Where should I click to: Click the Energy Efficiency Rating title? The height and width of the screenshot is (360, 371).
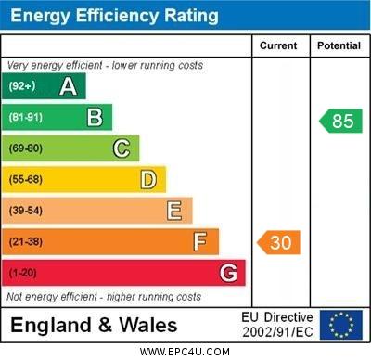(114, 16)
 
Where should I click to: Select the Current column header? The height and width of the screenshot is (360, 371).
(278, 45)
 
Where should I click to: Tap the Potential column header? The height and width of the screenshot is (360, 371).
(339, 45)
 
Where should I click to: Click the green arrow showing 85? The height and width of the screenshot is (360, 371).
(340, 121)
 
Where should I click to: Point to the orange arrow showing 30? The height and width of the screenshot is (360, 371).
(279, 243)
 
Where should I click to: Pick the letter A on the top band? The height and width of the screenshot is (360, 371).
(68, 87)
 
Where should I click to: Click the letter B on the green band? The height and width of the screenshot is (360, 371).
(95, 118)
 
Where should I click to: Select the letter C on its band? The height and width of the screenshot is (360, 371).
(122, 148)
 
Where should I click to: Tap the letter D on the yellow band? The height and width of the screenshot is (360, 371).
(148, 180)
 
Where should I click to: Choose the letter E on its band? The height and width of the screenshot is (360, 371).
(174, 211)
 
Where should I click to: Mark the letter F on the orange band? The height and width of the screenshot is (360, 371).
(200, 242)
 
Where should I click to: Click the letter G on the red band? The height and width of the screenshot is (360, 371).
(228, 274)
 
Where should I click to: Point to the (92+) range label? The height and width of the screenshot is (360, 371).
(22, 87)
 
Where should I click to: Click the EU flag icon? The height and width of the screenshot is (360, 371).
(340, 325)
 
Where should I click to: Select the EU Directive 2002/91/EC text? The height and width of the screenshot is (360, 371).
(278, 325)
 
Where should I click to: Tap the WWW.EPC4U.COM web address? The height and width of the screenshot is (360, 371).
(185, 352)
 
